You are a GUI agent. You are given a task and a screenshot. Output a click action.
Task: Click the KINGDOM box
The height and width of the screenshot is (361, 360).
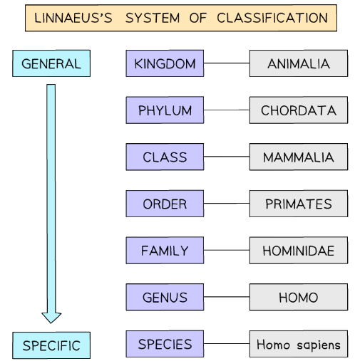click(164, 64)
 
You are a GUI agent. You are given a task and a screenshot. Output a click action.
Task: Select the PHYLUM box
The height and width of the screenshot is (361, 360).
click(164, 111)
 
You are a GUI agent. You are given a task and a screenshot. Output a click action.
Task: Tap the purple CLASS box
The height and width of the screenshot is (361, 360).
click(164, 157)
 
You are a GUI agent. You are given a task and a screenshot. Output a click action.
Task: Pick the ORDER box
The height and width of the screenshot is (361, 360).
click(164, 204)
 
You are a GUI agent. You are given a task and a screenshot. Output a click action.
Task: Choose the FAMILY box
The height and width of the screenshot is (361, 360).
click(164, 251)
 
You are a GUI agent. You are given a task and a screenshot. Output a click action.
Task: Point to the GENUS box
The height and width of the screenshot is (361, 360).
click(164, 298)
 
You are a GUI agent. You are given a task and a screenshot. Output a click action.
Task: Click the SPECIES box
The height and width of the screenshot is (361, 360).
click(164, 345)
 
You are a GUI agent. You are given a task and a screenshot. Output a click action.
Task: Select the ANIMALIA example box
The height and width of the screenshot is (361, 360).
click(299, 64)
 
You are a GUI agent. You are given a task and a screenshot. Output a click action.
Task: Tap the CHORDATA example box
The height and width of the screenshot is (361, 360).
click(299, 111)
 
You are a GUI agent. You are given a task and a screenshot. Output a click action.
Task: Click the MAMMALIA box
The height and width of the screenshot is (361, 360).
click(299, 157)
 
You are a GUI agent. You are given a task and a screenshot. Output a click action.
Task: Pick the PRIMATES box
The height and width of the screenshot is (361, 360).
click(299, 204)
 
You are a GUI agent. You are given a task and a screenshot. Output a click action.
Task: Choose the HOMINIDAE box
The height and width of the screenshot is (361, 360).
click(299, 251)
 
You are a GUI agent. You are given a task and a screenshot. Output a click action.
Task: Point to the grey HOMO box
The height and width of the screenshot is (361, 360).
click(299, 298)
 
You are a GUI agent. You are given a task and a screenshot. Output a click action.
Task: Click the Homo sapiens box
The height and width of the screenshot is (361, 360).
click(299, 345)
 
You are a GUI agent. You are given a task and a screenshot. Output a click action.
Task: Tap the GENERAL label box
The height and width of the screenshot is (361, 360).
click(51, 64)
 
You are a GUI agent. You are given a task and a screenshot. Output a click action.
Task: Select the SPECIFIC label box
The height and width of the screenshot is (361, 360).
click(51, 346)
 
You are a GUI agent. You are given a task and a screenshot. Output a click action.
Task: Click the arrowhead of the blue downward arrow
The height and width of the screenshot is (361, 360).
click(51, 315)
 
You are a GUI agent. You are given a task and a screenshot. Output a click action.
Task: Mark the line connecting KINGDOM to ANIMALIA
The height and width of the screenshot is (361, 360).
click(225, 64)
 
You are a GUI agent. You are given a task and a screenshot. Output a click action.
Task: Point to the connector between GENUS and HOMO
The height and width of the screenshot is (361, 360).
click(225, 298)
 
